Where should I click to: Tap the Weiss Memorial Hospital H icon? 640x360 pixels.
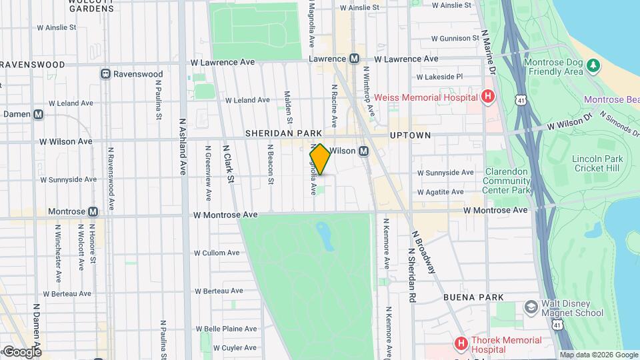pos(488,97)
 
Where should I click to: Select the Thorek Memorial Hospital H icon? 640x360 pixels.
pos(460,343)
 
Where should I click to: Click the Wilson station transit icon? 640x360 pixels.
pos(364,151)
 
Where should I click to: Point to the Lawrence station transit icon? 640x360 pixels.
pos(354,59)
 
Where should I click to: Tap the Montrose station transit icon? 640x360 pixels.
pos(93,211)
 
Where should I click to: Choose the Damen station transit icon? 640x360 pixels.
pos(39,114)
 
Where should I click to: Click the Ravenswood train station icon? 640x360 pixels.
pos(105,74)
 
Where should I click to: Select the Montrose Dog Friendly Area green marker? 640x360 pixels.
pos(593,65)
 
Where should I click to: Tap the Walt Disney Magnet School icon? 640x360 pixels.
pos(531,307)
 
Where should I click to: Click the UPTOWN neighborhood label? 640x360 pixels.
pos(410,135)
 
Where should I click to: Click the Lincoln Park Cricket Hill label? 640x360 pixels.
pos(597,163)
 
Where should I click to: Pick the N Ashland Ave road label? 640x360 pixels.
pos(182,147)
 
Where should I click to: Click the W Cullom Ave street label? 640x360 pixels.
pos(217,253)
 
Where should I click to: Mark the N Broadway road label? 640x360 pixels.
pos(423,252)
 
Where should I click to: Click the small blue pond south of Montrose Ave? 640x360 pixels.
pos(325,236)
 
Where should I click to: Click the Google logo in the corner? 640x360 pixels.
pos(21,351)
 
